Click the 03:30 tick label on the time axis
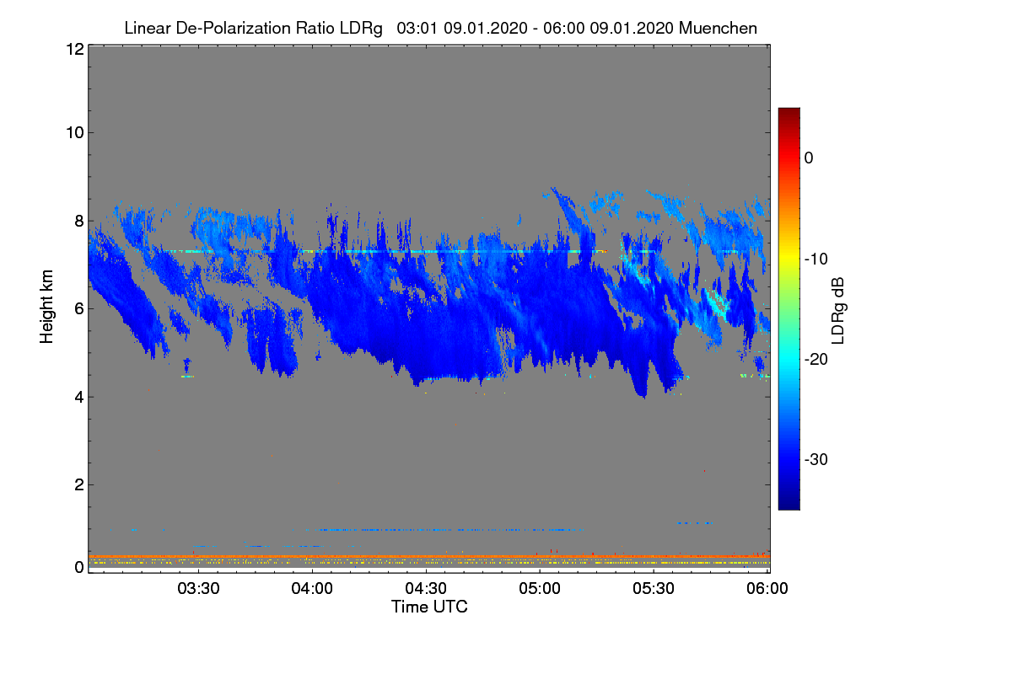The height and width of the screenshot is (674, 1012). click(198, 589)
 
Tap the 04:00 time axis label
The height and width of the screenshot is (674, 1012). click(312, 589)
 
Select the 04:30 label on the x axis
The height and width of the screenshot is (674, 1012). click(426, 589)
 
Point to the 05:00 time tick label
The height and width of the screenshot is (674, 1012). click(540, 589)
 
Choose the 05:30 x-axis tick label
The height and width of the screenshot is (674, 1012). click(654, 589)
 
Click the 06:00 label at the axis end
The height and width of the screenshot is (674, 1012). click(767, 589)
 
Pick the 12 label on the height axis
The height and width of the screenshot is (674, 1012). click(74, 50)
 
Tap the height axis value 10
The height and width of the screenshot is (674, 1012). click(74, 132)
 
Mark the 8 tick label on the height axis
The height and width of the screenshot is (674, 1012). click(78, 221)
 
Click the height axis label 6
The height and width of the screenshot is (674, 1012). click(78, 308)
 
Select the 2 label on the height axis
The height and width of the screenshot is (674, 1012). click(78, 484)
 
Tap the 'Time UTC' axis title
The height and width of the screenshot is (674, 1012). click(429, 607)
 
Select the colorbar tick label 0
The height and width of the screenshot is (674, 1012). click(809, 158)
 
